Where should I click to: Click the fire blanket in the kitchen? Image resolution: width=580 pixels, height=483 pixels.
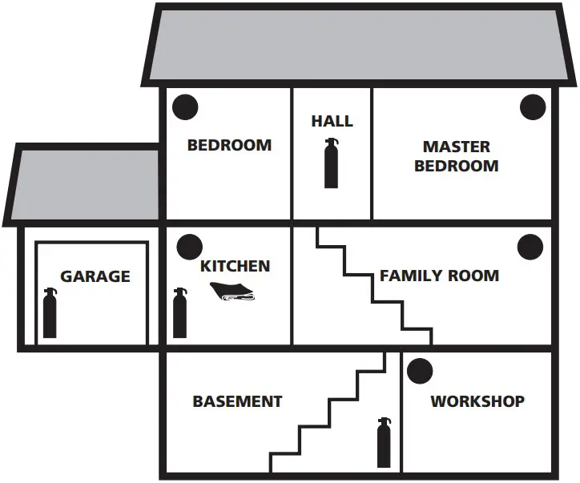tap(232, 292)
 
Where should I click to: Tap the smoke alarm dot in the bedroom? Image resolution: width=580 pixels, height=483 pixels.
tap(186, 105)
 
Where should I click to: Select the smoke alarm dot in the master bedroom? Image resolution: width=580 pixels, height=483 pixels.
tap(533, 107)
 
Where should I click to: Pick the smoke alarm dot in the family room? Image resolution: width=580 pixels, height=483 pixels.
tap(530, 247)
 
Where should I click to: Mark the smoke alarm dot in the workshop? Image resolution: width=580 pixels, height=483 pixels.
tap(419, 370)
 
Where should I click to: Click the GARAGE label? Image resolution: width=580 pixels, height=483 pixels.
tap(95, 276)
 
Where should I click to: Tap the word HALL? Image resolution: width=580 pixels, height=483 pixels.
tap(332, 121)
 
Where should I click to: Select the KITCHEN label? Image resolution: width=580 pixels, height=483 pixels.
tap(235, 266)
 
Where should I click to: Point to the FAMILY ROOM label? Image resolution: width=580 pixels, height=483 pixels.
tap(439, 276)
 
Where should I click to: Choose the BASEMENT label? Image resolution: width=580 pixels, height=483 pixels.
tap(237, 401)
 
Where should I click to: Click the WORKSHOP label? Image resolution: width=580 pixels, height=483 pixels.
tap(477, 401)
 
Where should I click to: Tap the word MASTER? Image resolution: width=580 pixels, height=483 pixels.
tap(457, 147)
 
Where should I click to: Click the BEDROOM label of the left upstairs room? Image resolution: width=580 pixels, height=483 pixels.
tap(229, 145)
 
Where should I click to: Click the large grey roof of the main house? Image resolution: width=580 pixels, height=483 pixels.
tap(360, 44)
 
